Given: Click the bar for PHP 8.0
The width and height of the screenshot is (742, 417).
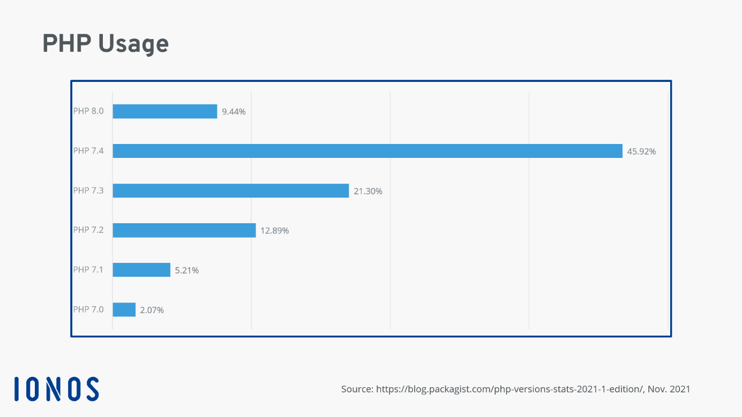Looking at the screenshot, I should coord(164,111).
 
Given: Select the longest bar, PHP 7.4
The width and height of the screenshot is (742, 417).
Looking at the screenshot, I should coord(367,151).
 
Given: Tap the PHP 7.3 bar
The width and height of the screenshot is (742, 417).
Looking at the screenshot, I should coord(230,191).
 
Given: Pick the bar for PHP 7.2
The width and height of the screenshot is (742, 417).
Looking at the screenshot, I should coord(184,230).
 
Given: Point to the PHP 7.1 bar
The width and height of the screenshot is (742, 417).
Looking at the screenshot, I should coord(141,270).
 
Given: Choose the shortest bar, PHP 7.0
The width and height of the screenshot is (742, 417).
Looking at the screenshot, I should coord(124,309).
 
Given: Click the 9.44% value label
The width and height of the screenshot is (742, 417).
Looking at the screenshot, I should coord(234,112).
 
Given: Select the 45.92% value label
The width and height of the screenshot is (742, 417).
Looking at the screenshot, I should coord(641,151).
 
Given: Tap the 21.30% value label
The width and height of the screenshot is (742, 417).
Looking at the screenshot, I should coord(368,191).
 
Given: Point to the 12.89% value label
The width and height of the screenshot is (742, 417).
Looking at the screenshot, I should coord(274,231).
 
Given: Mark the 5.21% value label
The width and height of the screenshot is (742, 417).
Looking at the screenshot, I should coord(187,270).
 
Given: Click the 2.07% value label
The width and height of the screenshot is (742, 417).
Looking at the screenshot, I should coord(152,310).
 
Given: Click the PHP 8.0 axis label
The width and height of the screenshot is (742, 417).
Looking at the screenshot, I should coord(88,111).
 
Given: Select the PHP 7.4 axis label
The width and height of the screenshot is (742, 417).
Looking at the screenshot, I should coord(88,151).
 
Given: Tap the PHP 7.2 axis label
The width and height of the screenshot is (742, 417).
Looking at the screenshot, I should coord(88,230).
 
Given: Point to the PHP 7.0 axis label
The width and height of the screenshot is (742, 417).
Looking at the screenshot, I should coord(88,309).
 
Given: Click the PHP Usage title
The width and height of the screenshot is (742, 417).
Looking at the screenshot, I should coord(106,44).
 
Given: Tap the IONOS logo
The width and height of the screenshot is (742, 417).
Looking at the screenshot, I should coord(56,389).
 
